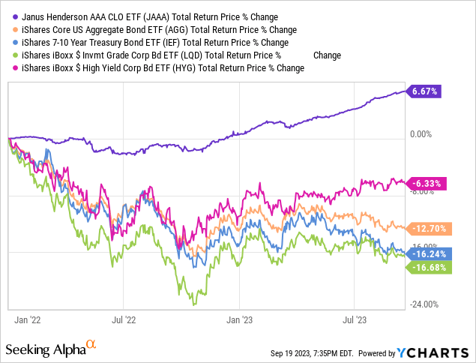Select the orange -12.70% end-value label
tap(428, 227)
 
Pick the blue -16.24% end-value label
tap(428, 254)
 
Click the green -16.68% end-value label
tap(428, 268)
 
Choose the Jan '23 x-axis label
tap(239, 319)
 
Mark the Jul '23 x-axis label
tap(355, 319)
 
